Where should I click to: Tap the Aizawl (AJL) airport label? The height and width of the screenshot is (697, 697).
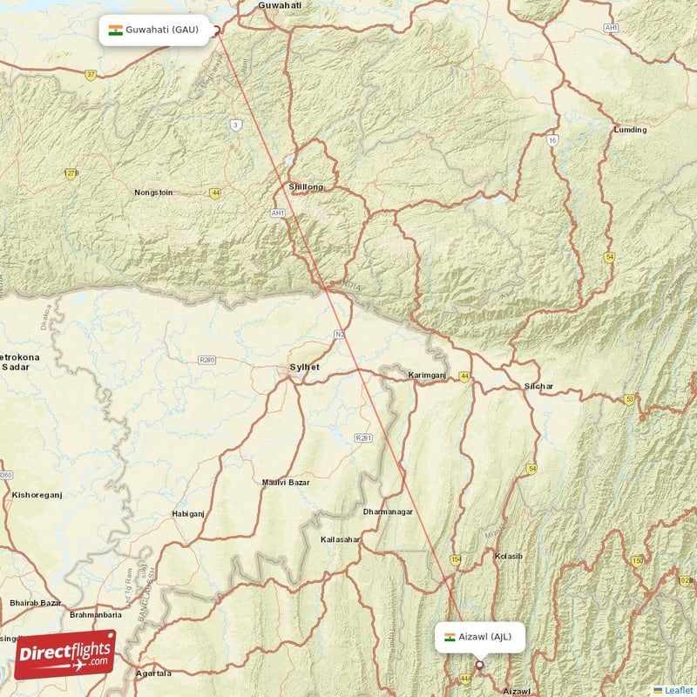480,637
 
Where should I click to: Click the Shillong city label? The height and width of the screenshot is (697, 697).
306,187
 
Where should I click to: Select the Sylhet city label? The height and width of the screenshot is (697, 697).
304,368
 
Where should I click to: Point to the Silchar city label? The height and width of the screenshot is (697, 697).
538,386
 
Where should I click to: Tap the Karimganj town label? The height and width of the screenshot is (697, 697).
427,376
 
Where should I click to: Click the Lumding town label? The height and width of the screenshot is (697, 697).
631,130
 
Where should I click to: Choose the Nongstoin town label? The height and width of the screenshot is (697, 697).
153,193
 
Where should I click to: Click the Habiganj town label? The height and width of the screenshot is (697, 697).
189,514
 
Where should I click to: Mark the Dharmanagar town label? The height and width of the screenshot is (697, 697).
389,511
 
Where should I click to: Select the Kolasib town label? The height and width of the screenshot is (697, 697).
508,556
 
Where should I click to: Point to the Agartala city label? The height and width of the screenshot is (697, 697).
154,673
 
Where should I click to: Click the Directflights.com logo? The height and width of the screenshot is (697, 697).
65,654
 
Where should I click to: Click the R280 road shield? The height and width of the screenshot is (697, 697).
207,360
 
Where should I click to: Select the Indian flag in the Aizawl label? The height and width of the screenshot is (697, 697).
450,637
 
